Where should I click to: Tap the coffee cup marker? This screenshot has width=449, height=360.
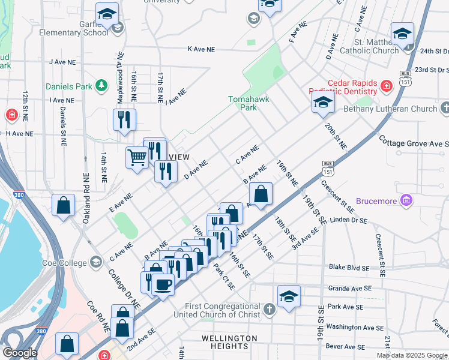(x=163, y=284)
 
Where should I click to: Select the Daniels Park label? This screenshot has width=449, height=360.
(x=69, y=86)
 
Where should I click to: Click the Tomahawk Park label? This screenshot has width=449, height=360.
(x=243, y=103)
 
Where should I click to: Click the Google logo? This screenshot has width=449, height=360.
(x=20, y=353)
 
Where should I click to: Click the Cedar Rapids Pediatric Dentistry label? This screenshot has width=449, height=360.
(x=351, y=87)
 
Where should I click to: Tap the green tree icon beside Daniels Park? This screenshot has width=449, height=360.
(x=101, y=86)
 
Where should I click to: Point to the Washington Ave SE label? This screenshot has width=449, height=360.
(x=355, y=328)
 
